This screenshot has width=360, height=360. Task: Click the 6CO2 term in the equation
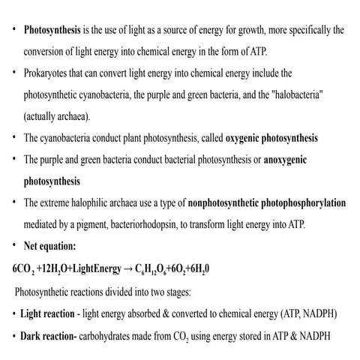tap(23, 268)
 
